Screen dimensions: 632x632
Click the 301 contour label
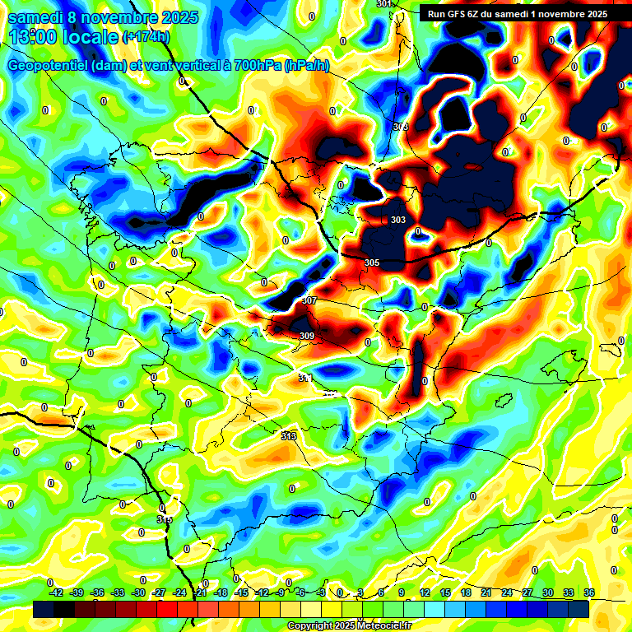click(x=384, y=4)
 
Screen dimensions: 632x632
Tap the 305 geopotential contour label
click(x=372, y=263)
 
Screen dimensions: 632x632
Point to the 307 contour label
click(x=309, y=301)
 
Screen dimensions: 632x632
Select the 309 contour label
click(x=307, y=336)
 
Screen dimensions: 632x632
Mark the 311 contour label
click(x=305, y=378)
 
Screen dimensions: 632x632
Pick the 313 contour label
click(x=289, y=435)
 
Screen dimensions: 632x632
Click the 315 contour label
click(x=165, y=519)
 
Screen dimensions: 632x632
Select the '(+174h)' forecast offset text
click(x=145, y=37)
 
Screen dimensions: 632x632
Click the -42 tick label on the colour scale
click(x=56, y=592)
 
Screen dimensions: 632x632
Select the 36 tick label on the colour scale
click(x=589, y=592)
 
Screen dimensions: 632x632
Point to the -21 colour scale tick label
click(x=199, y=592)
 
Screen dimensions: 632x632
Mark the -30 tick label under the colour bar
click(x=137, y=592)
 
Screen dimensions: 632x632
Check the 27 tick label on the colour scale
click(x=527, y=592)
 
